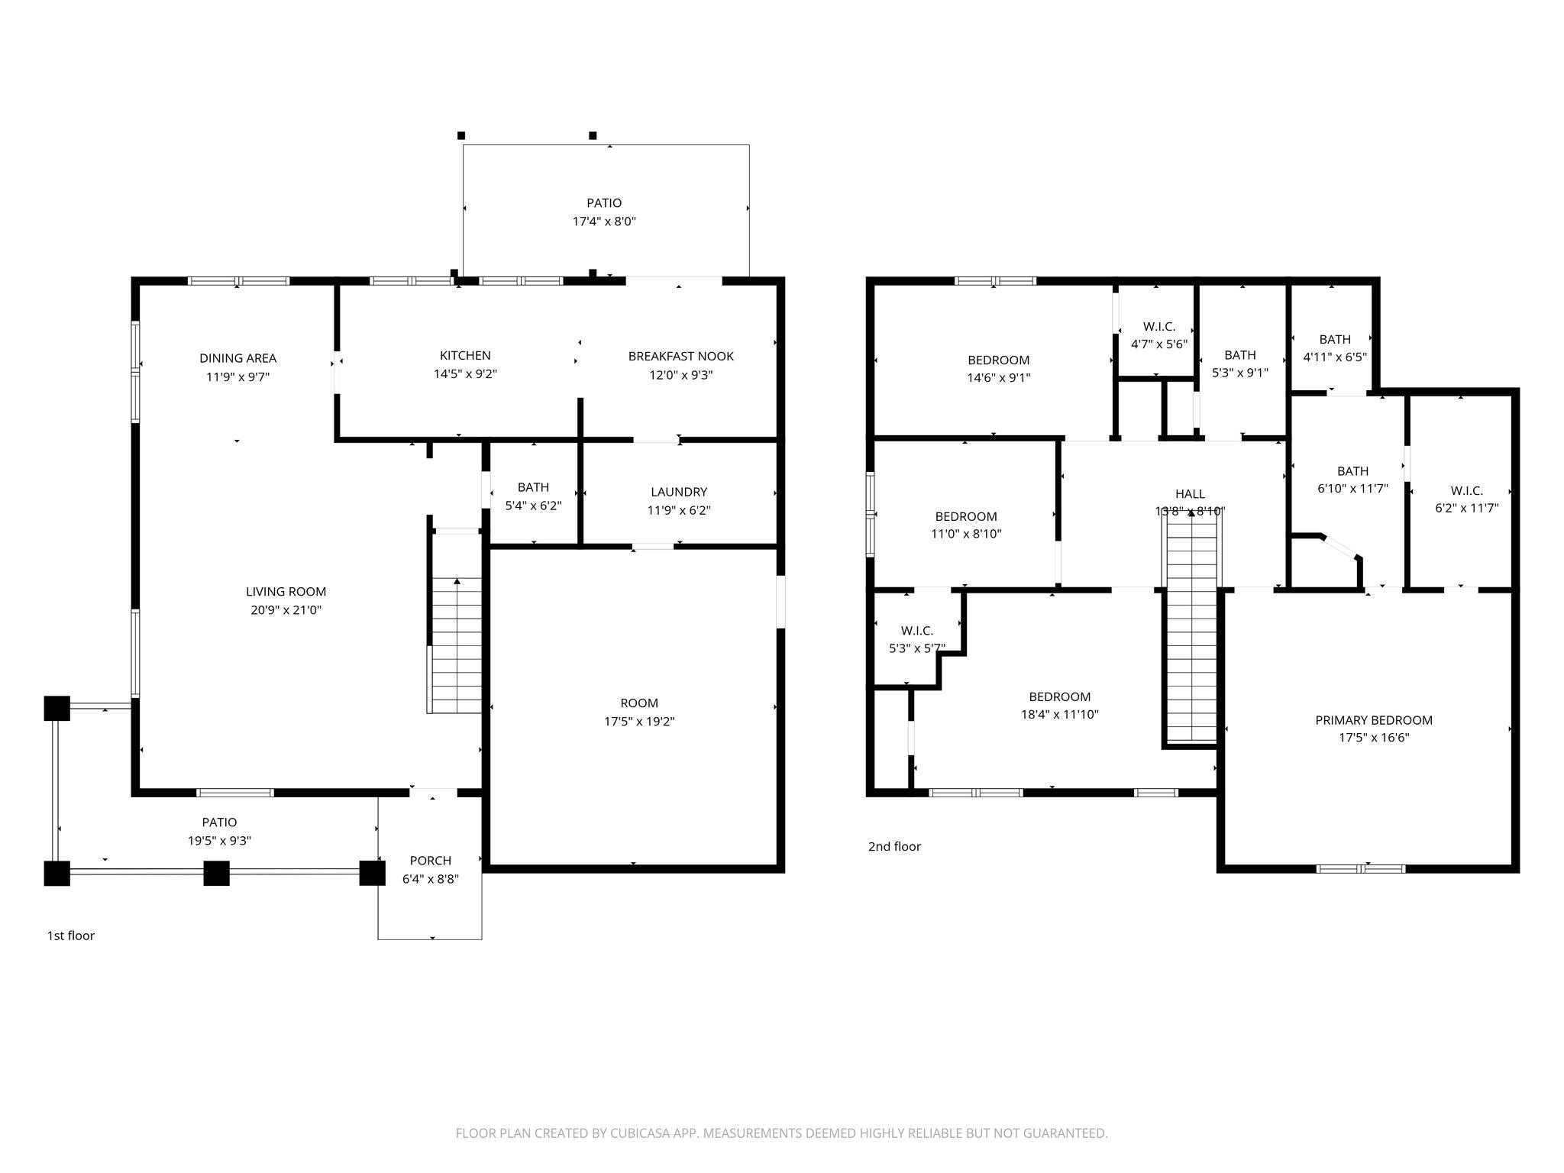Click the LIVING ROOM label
(x=286, y=591)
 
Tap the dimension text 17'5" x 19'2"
(x=639, y=722)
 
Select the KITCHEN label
(x=465, y=355)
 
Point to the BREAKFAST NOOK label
(x=680, y=356)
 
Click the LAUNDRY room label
(x=679, y=492)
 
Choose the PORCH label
(x=431, y=860)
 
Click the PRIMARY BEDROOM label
(x=1373, y=719)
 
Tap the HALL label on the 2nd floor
(x=1190, y=494)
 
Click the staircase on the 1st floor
(x=457, y=645)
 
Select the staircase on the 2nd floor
(x=1190, y=634)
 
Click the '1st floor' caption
(x=71, y=935)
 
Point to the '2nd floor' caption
(x=894, y=846)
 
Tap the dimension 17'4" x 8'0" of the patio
(x=604, y=221)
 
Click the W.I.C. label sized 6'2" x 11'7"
(x=1466, y=490)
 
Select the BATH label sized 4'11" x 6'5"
(x=1334, y=339)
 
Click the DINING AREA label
(x=238, y=358)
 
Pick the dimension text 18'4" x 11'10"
(x=1059, y=715)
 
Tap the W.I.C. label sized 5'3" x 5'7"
(x=916, y=630)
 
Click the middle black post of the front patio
(x=216, y=873)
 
